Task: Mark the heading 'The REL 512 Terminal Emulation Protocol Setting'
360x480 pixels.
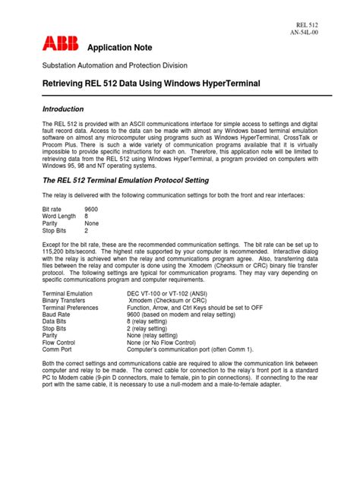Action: click(144, 180)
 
